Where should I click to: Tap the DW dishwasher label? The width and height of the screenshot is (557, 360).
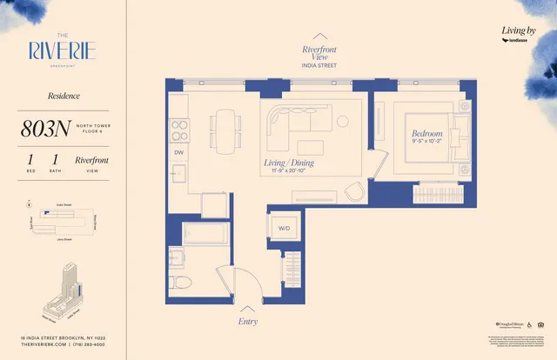[178, 152]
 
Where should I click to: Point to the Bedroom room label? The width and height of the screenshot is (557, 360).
[426, 134]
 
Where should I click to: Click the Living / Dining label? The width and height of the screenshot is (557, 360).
[289, 163]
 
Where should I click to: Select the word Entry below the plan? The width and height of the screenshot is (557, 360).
[248, 321]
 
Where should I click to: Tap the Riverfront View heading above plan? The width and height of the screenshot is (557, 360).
[319, 53]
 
